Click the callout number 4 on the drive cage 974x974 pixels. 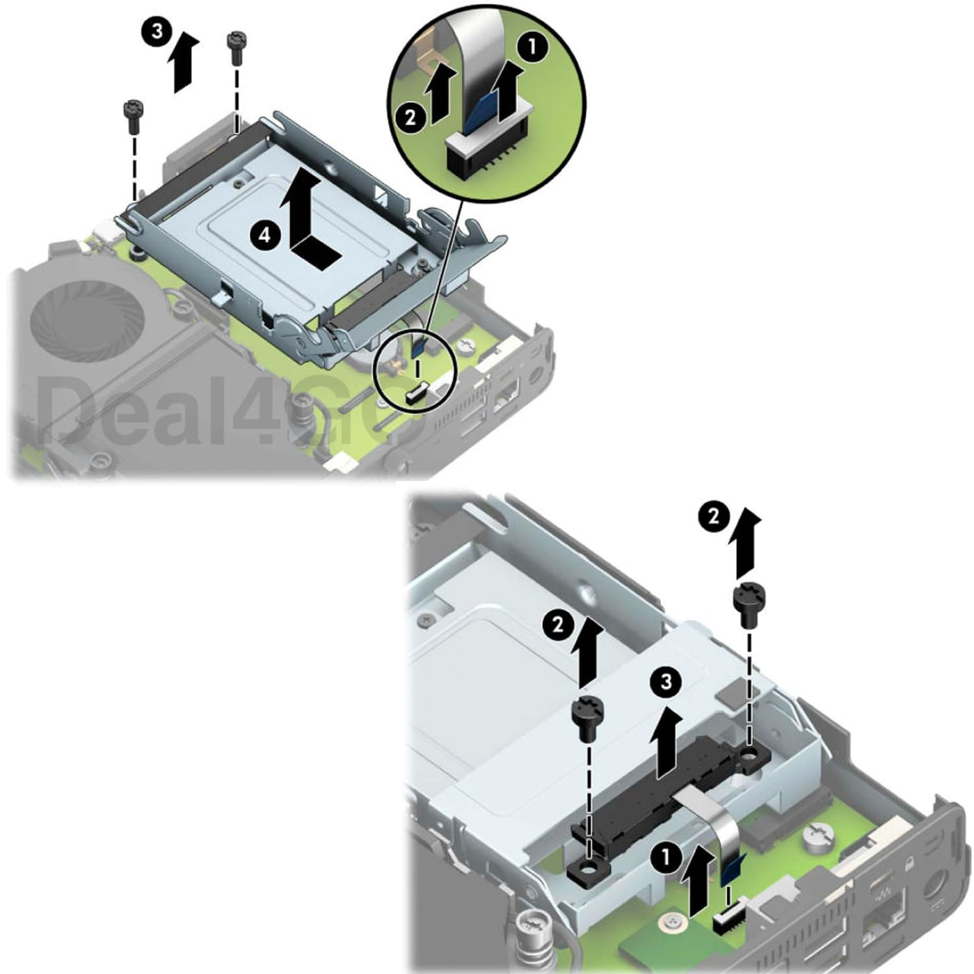(265, 236)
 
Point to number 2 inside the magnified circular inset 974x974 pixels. (410, 118)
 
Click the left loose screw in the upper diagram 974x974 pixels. (132, 117)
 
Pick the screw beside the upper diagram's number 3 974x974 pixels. (236, 47)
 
